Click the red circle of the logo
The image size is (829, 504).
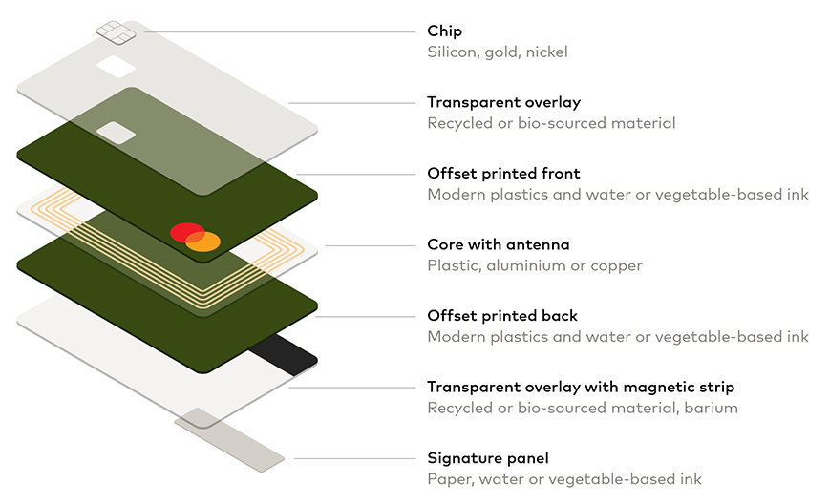point(185,232)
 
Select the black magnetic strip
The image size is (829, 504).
point(284,355)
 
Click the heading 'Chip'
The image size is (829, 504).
point(444,31)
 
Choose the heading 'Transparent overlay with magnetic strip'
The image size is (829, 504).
point(581,387)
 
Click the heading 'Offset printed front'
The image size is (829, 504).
point(503,174)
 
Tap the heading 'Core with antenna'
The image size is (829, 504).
point(498,244)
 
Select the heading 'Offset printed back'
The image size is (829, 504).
point(502,316)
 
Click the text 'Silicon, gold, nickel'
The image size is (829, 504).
point(497,52)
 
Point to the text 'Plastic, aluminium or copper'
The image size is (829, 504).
point(535,265)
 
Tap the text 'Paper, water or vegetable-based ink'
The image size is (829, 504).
point(564,478)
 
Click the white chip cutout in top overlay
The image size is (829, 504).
point(115,66)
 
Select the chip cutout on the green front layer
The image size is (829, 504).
point(116,133)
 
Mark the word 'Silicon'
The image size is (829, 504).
point(452,52)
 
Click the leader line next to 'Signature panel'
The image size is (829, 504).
point(353,458)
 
